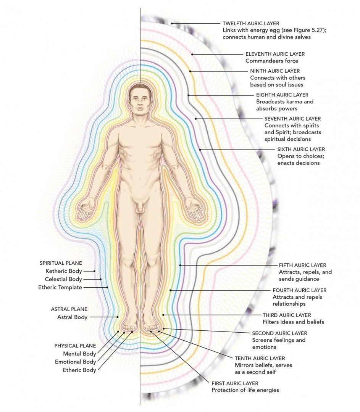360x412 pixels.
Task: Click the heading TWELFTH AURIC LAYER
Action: pyautogui.click(x=251, y=23)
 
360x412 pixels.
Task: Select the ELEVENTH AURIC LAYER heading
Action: pyautogui.click(x=275, y=54)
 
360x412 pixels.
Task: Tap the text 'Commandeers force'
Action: pyautogui.click(x=272, y=61)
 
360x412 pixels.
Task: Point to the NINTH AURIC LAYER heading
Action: pyautogui.click(x=275, y=71)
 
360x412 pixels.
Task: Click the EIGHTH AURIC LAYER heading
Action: pyautogui.click(x=282, y=95)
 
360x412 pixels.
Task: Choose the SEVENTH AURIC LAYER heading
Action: pyautogui.click(x=292, y=119)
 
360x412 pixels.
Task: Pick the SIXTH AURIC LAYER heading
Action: pyautogui.click(x=301, y=149)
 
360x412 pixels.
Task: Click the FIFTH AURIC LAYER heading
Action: pyautogui.click(x=302, y=266)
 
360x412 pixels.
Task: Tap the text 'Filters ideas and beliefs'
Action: pyautogui.click(x=293, y=322)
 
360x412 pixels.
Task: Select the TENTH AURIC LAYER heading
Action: pyautogui.click(x=260, y=358)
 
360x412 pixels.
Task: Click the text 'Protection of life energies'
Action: pyautogui.click(x=245, y=390)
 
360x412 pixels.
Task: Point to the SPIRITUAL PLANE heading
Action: pyautogui.click(x=61, y=263)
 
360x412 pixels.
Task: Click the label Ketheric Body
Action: pyautogui.click(x=64, y=271)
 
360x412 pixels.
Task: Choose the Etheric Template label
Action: pyautogui.click(x=60, y=288)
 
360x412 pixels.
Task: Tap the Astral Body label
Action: pyautogui.click(x=72, y=317)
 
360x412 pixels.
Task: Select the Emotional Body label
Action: pyautogui.click(x=76, y=362)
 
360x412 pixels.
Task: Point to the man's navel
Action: pyautogui.click(x=140, y=179)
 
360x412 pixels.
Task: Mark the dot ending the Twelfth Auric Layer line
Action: pyautogui.click(x=171, y=23)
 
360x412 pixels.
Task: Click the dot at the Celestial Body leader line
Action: pyautogui.click(x=101, y=279)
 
